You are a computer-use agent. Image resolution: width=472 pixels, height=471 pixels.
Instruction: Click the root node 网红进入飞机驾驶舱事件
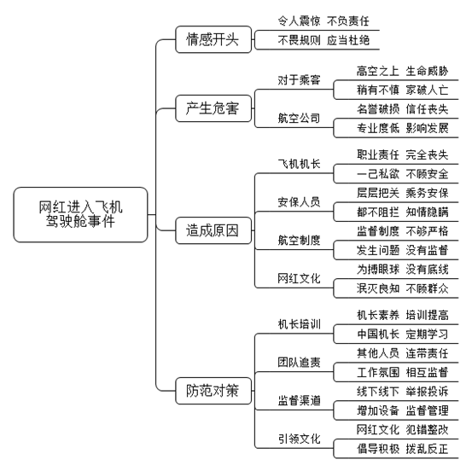(x=81, y=214)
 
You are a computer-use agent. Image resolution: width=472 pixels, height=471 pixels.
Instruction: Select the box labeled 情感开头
(x=213, y=39)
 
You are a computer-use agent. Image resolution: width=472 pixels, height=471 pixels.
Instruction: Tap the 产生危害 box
(x=213, y=108)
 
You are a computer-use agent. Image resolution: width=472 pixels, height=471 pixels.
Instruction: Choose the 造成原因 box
(x=213, y=230)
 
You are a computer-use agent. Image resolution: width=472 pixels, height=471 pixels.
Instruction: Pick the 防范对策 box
(x=213, y=391)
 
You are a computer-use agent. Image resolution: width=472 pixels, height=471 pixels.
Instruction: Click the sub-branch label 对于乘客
(x=299, y=80)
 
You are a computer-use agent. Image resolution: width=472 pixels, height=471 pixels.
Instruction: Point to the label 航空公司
(x=299, y=119)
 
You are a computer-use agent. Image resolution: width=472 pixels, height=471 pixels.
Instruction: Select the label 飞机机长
(x=299, y=164)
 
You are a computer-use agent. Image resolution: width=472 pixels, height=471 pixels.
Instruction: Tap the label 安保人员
(x=299, y=202)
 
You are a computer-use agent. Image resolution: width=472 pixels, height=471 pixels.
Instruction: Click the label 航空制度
(x=299, y=240)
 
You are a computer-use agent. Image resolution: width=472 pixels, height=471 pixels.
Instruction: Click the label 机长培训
(x=299, y=324)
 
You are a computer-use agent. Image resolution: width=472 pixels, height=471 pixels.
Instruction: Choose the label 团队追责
(x=299, y=363)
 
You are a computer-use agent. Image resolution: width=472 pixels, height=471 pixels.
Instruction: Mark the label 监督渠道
(x=299, y=400)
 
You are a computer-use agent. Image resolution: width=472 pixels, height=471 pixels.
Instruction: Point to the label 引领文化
(x=299, y=439)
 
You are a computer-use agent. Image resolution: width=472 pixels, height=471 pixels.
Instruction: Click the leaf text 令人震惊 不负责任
(x=323, y=21)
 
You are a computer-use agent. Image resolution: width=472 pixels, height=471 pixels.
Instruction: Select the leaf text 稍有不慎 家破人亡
(x=403, y=90)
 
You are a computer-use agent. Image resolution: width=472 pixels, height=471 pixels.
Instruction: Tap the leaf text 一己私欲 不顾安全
(x=403, y=174)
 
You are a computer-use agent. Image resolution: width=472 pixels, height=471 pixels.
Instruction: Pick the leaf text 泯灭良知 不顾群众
(x=403, y=288)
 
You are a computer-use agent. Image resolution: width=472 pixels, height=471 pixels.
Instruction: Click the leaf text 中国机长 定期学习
(x=403, y=334)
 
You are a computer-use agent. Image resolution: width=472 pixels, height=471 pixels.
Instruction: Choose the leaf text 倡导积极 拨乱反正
(x=403, y=449)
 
